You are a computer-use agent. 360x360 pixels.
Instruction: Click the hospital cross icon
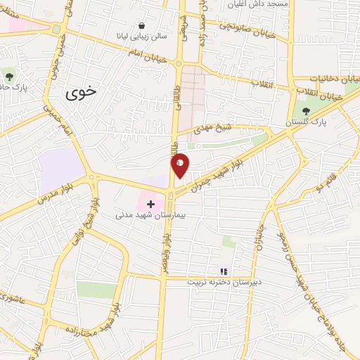pyautogui.click(x=150, y=204)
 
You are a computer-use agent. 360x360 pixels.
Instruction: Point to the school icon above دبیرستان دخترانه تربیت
pyautogui.click(x=224, y=271)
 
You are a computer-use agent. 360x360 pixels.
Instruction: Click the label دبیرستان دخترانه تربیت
pyautogui.click(x=224, y=283)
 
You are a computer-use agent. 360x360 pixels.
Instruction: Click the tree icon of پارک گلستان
pyautogui.click(x=306, y=111)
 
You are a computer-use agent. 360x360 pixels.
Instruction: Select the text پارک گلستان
pyautogui.click(x=307, y=122)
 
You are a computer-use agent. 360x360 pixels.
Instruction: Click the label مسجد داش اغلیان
pyautogui.click(x=256, y=4)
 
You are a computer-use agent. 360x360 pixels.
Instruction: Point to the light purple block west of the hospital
pyautogui.click(x=62, y=168)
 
